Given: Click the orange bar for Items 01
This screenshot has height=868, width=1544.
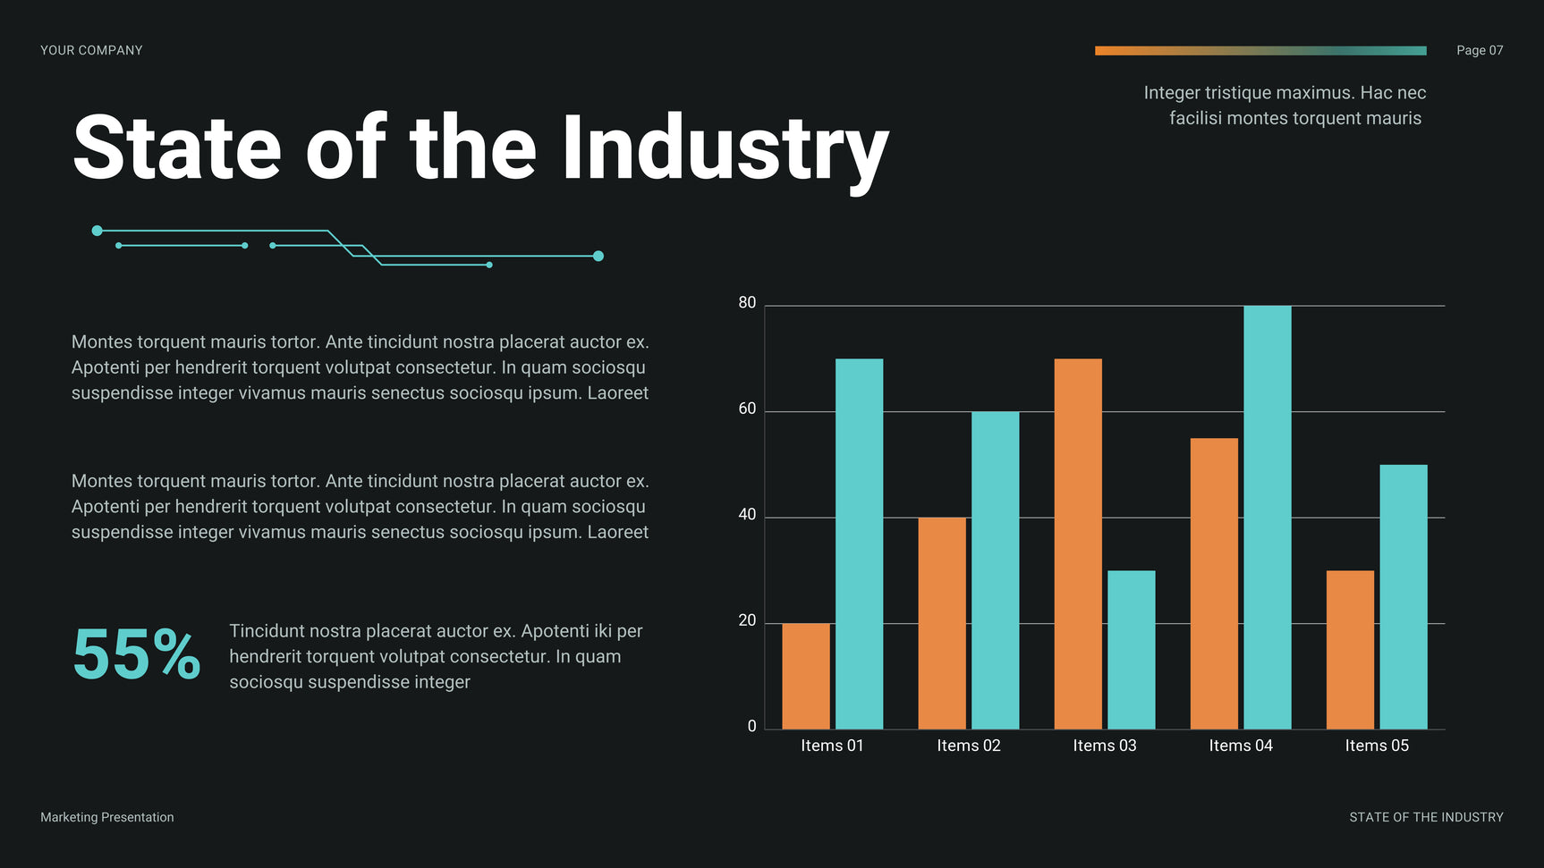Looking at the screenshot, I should point(805,676).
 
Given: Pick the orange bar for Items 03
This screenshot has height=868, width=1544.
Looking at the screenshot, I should point(1078,544).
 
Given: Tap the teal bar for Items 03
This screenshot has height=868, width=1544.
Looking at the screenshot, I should point(1131,650).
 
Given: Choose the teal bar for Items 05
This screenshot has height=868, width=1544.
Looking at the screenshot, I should point(1403,596).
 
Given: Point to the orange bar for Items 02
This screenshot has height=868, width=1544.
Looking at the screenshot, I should point(942,623).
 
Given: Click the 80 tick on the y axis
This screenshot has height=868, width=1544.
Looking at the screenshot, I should point(747,303).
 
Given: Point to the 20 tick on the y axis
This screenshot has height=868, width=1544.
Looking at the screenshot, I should point(747,620).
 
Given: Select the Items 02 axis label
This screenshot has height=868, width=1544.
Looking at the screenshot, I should point(968,746).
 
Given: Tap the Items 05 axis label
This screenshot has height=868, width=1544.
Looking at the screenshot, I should point(1376,746).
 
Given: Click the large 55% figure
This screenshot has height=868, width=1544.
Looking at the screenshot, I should point(136,655).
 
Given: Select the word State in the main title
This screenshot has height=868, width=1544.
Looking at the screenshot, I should point(177,148).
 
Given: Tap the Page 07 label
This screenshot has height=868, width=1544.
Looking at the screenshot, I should point(1479,51).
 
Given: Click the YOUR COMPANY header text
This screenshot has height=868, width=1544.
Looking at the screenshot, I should point(91,51).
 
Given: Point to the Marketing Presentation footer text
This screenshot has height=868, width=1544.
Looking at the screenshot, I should point(106,817).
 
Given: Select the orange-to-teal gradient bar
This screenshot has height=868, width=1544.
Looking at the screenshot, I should point(1260,51).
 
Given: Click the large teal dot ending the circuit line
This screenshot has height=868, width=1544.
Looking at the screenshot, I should point(598,257).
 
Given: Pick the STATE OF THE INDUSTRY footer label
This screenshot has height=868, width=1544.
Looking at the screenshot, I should point(1426,817).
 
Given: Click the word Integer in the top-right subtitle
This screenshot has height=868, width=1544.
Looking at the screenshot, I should point(1171,93).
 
